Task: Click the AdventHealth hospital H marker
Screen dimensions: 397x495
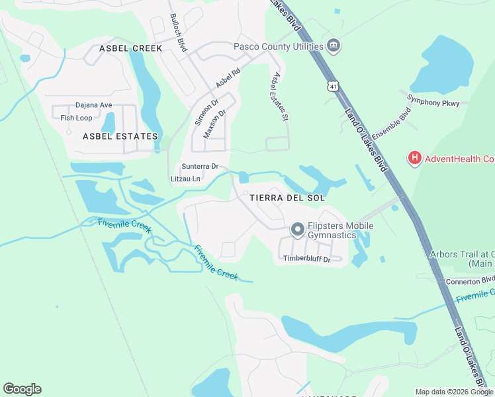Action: (414, 158)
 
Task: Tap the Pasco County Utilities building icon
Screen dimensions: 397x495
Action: (334, 46)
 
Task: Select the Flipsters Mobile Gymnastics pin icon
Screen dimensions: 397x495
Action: (298, 230)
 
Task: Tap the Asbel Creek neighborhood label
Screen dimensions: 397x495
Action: (130, 48)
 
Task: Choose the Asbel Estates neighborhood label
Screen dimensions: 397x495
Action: (120, 136)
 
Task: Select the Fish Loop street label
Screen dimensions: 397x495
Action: (76, 118)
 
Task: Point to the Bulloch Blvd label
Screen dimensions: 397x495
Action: (179, 33)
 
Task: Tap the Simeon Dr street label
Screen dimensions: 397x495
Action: (206, 113)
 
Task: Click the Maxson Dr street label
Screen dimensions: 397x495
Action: (215, 123)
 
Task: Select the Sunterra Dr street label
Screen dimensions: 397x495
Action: (200, 167)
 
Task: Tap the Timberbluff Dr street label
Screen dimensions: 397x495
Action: (306, 259)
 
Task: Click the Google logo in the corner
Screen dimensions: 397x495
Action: (22, 389)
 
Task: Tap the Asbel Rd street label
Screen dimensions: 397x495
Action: (228, 78)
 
